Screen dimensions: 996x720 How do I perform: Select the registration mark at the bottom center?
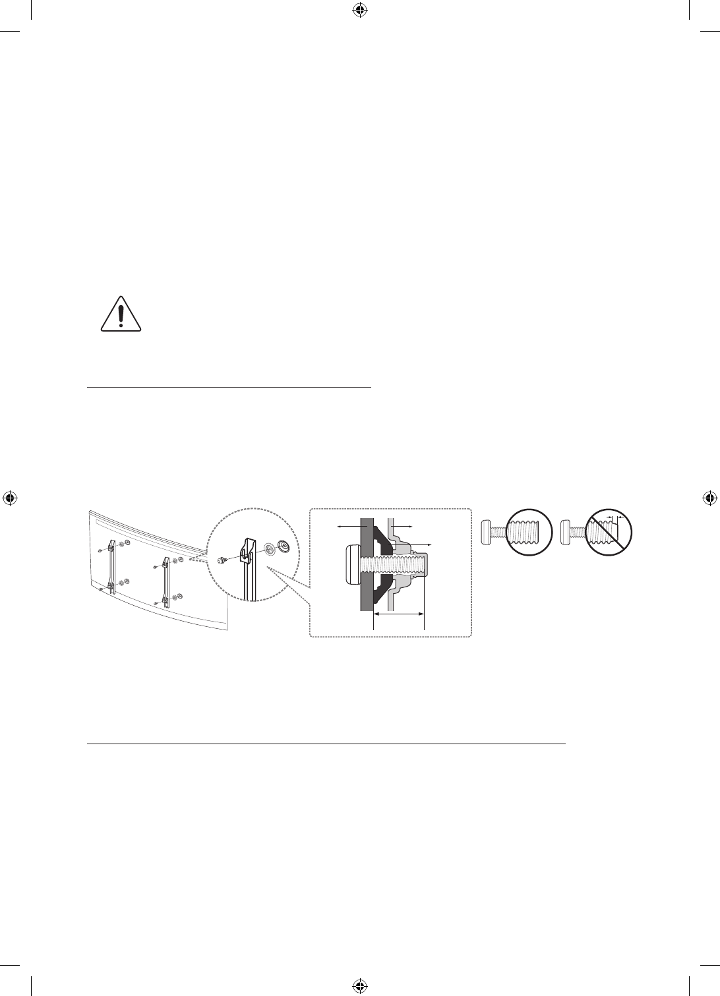[359, 985]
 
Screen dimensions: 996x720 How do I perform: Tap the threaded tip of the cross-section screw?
[422, 564]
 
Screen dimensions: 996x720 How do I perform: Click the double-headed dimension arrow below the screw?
[399, 614]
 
